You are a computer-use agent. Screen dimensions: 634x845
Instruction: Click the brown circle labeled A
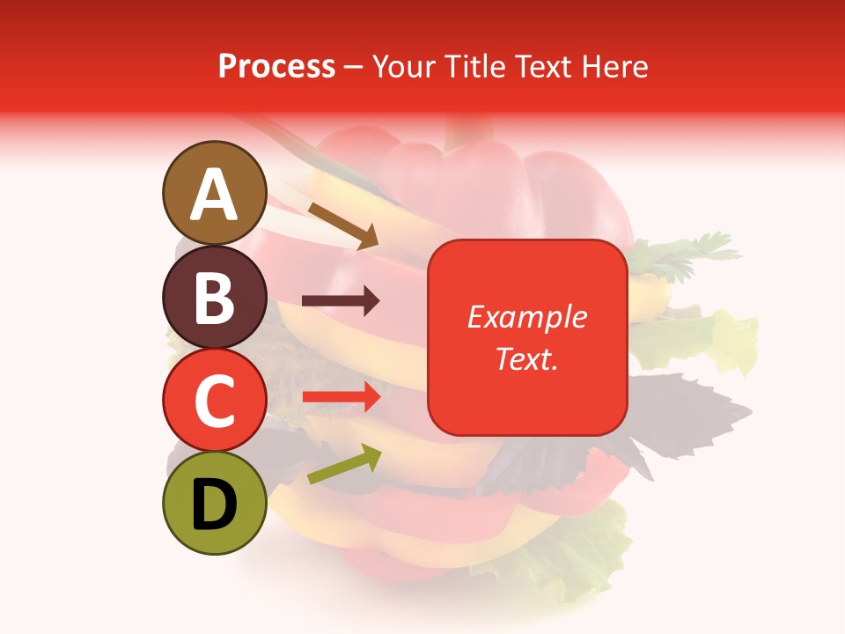click(x=214, y=193)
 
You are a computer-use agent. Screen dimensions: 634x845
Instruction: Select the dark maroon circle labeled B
click(x=214, y=297)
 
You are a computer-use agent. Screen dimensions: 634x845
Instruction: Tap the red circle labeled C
click(x=214, y=401)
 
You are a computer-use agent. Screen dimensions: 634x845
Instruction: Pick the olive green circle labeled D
click(x=214, y=504)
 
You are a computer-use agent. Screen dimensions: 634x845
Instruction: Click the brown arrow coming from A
click(x=343, y=225)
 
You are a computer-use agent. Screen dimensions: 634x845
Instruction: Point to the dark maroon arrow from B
click(x=341, y=301)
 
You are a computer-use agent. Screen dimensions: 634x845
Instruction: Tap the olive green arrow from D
click(x=343, y=465)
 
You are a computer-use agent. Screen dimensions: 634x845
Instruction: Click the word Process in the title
click(x=276, y=66)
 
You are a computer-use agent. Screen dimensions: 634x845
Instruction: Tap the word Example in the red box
click(x=526, y=317)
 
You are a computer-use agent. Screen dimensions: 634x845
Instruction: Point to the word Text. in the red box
click(x=526, y=358)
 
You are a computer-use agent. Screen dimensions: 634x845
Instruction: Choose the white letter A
click(x=214, y=195)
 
